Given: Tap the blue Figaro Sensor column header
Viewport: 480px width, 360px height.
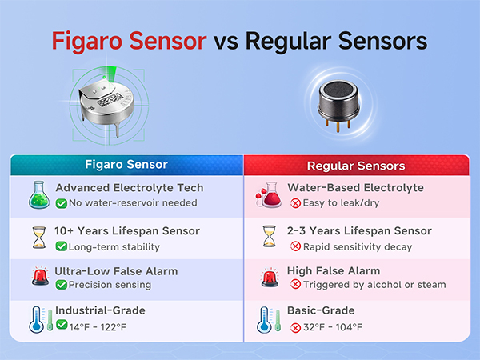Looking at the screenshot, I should click(126, 165).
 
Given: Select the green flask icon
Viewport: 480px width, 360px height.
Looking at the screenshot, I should click(38, 195).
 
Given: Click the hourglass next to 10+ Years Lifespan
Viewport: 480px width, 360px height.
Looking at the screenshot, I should click(38, 238).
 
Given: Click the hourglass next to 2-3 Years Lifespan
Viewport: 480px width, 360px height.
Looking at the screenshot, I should click(268, 238).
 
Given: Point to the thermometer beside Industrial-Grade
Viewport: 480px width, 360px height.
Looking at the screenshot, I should click(37, 318).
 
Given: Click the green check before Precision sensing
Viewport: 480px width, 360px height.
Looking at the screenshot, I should click(61, 285).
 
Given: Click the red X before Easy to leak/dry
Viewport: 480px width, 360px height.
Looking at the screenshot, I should click(294, 203).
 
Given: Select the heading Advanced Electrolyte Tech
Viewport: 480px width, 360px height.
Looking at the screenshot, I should click(129, 188).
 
